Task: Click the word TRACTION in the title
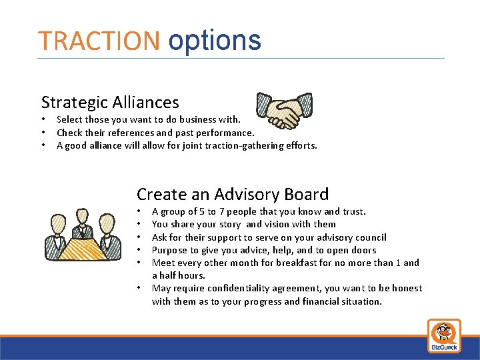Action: pos(99,41)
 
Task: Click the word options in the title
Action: pos(214,41)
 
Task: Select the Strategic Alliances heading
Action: pos(110,102)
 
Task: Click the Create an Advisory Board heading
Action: pos(233,194)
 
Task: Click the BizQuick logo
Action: pos(444,335)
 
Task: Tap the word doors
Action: pos(364,250)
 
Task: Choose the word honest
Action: pos(407,288)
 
